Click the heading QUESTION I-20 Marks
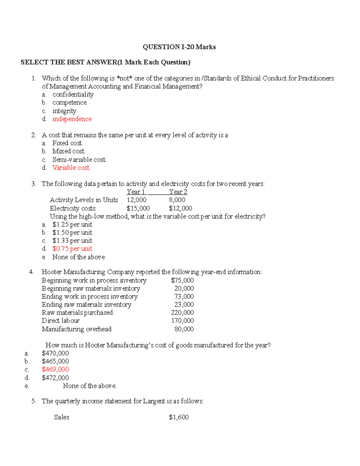click(179, 47)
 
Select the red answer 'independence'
click(72, 119)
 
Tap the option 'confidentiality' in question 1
click(73, 95)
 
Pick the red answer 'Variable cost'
click(71, 168)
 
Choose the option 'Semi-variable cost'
click(79, 160)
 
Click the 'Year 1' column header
click(136, 192)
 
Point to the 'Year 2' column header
click(178, 192)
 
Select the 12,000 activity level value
click(136, 200)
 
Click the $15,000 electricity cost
click(138, 208)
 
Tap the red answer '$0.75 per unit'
click(72, 249)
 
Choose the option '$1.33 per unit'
click(72, 241)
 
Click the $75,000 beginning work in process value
click(182, 280)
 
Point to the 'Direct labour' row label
click(61, 321)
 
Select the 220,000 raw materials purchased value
click(182, 313)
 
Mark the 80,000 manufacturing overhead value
click(184, 329)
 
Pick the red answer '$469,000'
click(55, 369)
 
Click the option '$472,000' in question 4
click(55, 378)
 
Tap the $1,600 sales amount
click(179, 417)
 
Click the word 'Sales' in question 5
click(61, 417)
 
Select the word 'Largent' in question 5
click(154, 401)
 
